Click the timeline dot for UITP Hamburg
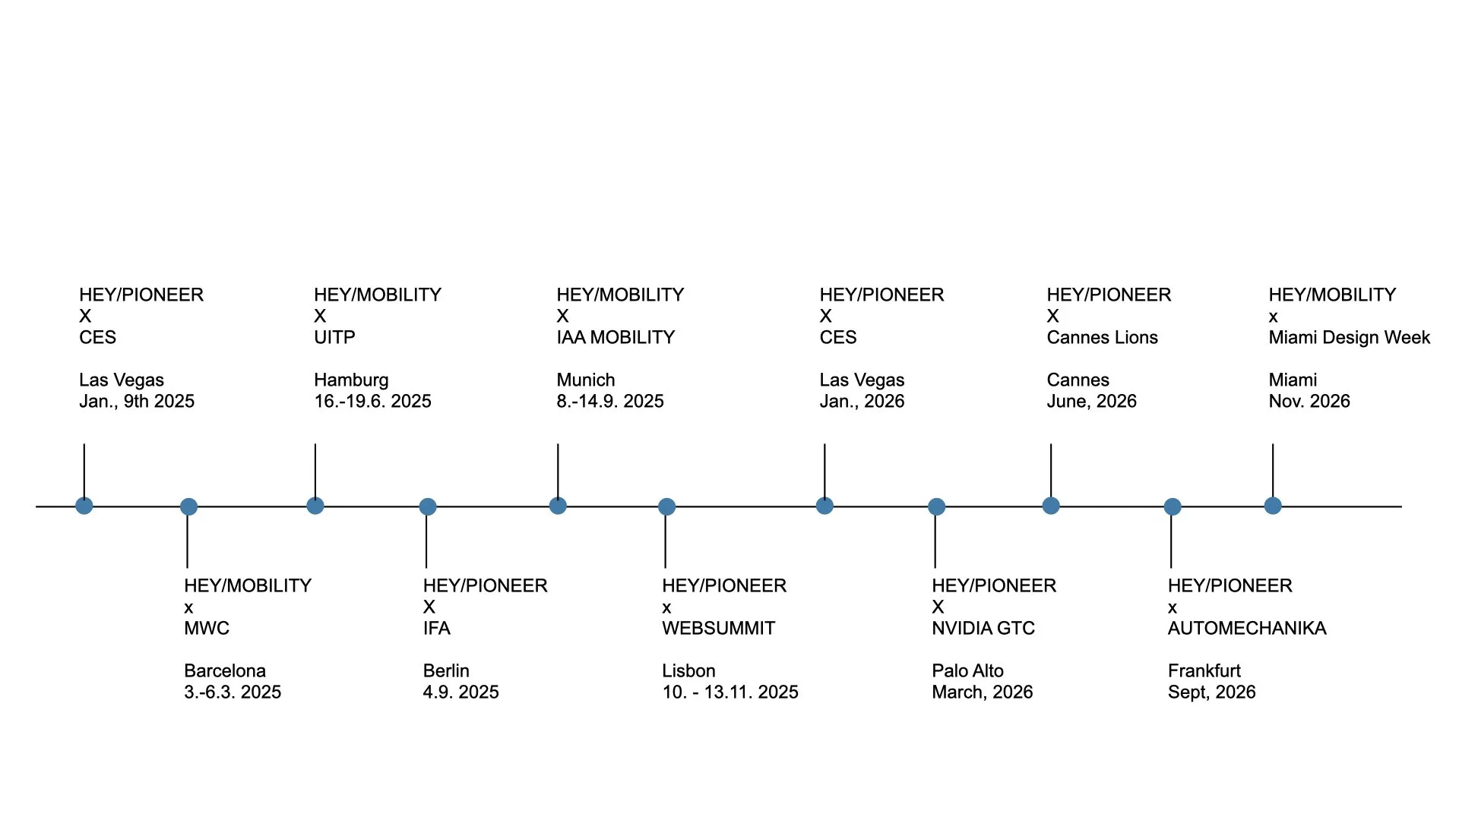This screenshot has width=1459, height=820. (315, 506)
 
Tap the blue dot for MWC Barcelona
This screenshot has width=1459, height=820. (188, 506)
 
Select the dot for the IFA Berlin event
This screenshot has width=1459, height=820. (428, 506)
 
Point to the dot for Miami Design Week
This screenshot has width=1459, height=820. (1273, 506)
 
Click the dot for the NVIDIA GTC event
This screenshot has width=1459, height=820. (936, 506)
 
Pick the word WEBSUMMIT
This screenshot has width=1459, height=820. (718, 629)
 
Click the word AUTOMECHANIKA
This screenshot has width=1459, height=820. (1247, 629)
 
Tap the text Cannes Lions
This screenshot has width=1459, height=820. (1102, 338)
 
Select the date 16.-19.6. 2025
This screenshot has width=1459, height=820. (372, 402)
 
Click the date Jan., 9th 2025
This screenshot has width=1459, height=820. (137, 402)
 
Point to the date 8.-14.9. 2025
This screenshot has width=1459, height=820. (610, 402)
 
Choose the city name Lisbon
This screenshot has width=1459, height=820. (688, 671)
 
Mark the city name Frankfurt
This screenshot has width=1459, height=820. (1204, 671)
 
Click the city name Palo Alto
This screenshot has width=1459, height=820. (967, 671)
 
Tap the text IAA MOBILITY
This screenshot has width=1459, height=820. (616, 338)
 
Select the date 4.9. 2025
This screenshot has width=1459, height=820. (460, 692)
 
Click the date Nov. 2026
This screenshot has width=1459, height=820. (1309, 402)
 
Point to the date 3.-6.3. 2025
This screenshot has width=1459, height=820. (233, 692)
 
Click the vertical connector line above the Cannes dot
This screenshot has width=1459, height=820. (1051, 471)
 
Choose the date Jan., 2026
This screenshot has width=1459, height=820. (862, 402)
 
